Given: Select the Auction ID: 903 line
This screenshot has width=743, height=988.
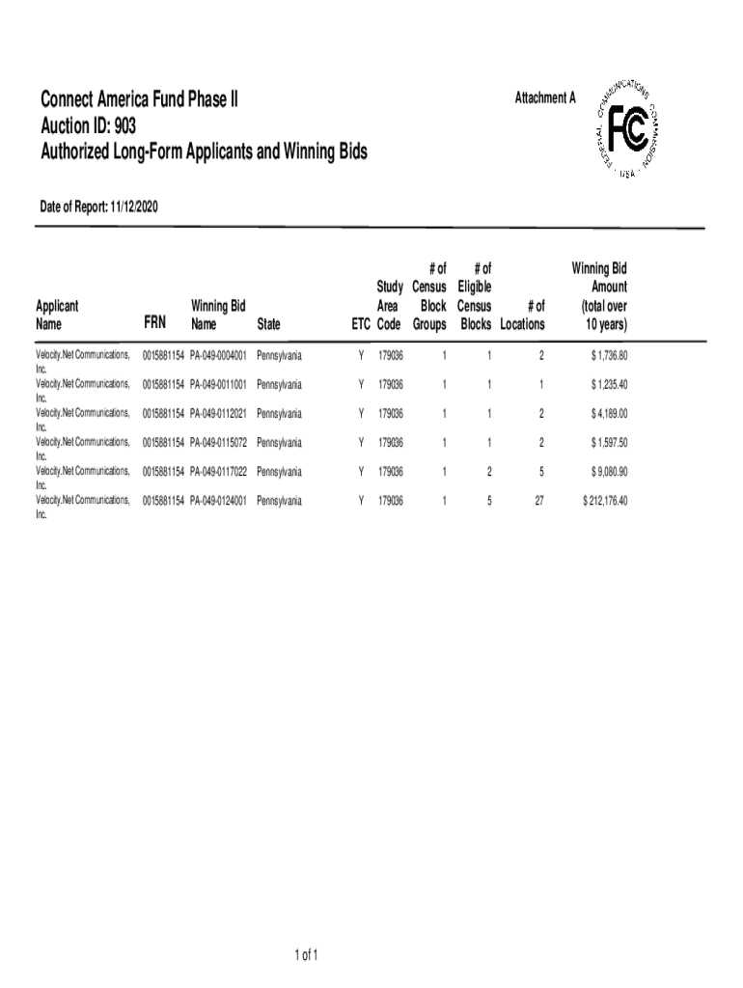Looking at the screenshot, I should coord(88,124).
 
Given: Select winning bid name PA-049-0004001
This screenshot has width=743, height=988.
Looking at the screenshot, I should coord(219,356).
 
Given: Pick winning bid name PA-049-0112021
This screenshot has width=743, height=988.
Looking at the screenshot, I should coord(219,414).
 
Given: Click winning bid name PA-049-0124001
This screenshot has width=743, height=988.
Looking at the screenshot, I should coord(219,502).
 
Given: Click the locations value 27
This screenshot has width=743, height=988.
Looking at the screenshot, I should coord(538,502).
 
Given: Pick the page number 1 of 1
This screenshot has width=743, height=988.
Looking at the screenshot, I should coord(307,956).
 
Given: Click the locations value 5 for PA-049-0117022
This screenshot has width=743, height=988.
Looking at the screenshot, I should coord(541,472).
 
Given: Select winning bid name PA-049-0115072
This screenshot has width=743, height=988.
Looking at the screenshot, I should coord(219,443).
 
